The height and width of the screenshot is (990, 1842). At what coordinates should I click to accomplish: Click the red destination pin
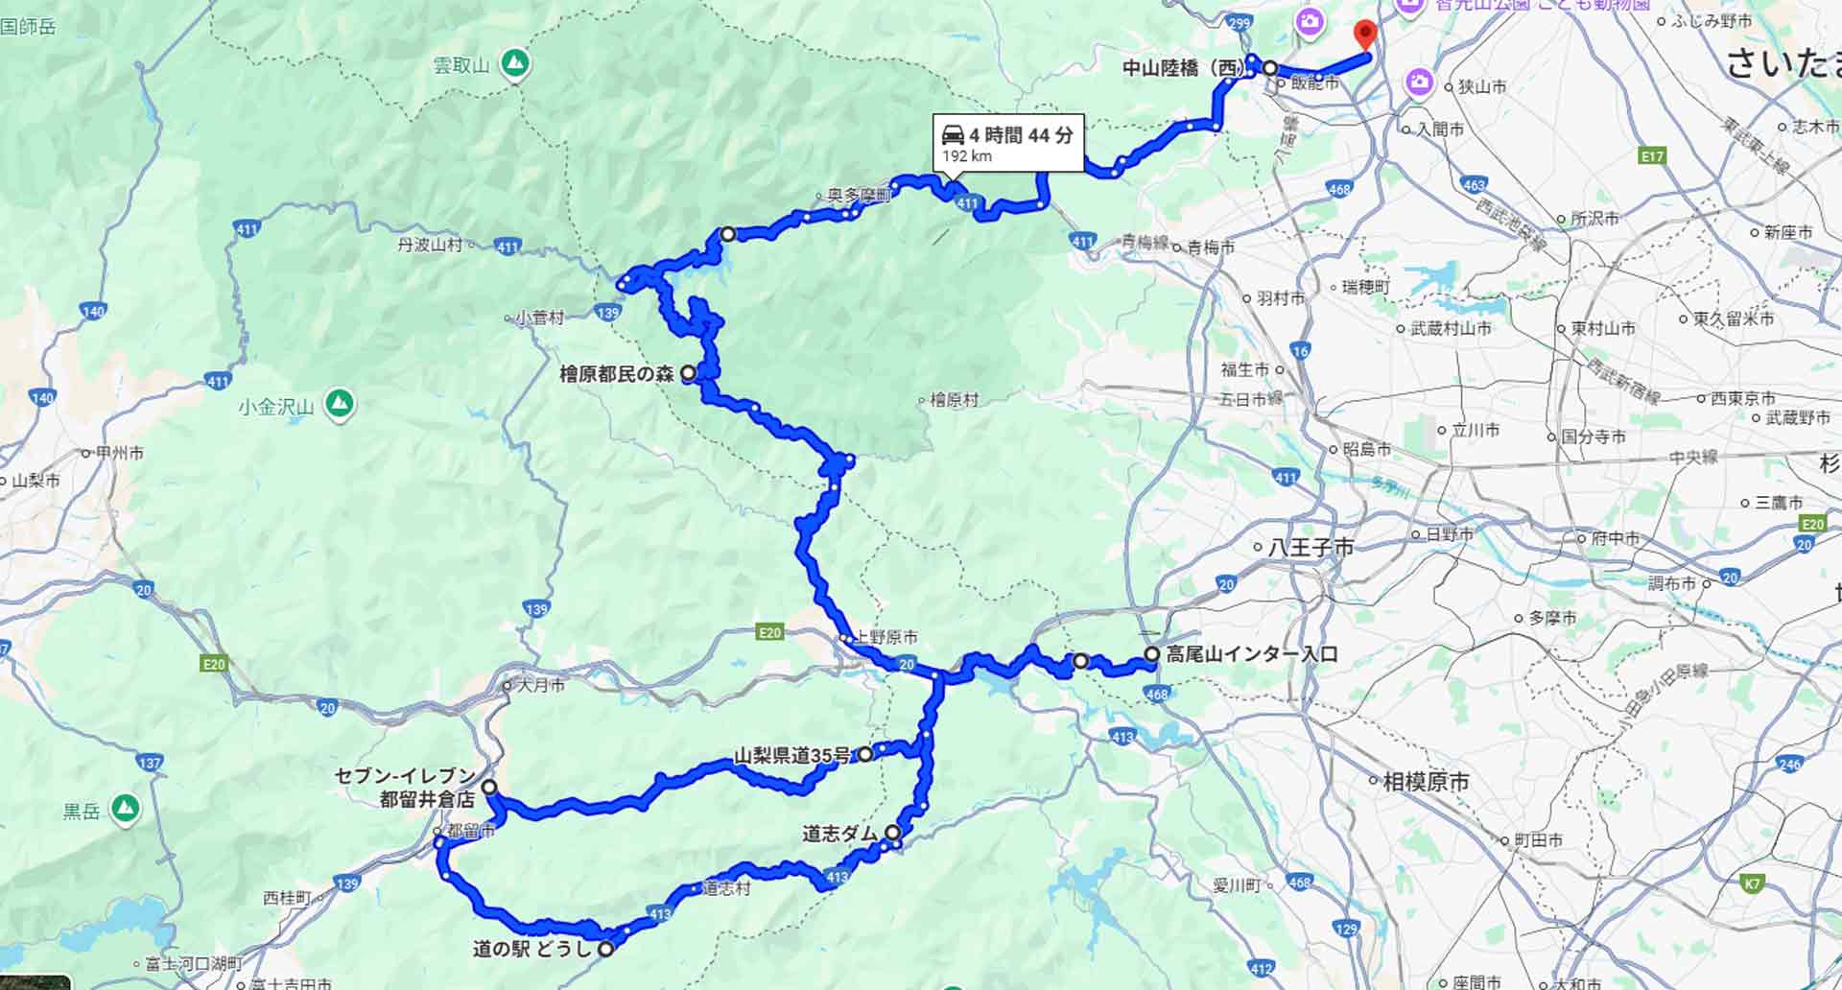point(1365,35)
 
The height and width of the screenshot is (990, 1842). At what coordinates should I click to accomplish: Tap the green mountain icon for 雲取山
point(516,64)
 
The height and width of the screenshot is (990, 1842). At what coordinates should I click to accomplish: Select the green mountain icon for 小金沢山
point(338,406)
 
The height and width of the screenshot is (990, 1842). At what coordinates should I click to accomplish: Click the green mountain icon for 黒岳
point(125,810)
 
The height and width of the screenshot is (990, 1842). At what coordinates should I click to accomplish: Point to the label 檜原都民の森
point(616,374)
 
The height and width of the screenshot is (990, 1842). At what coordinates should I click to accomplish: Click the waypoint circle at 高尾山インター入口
point(1151,654)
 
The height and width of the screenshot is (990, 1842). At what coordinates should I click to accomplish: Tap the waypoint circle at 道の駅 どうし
point(606,949)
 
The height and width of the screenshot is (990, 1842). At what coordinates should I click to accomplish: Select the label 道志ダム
point(839,834)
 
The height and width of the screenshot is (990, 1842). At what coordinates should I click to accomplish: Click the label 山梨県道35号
point(791,755)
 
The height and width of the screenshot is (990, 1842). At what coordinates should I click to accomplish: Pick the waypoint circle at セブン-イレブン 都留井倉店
point(489,788)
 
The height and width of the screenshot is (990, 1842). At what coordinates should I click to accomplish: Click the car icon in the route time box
point(954,135)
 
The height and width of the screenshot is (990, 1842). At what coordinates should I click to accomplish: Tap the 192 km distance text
point(966,156)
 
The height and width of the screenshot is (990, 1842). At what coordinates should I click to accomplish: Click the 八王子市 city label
point(1311,548)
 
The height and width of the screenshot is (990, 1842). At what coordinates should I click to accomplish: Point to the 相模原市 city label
point(1426,782)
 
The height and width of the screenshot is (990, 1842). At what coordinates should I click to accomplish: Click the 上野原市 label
point(886,637)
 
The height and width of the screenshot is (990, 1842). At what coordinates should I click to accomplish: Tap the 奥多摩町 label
point(860,195)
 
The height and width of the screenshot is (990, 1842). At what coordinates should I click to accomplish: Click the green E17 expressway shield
point(1653,155)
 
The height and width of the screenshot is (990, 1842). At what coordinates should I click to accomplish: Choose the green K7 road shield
point(1753,884)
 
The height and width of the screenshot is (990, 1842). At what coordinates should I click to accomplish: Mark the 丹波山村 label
point(430,245)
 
